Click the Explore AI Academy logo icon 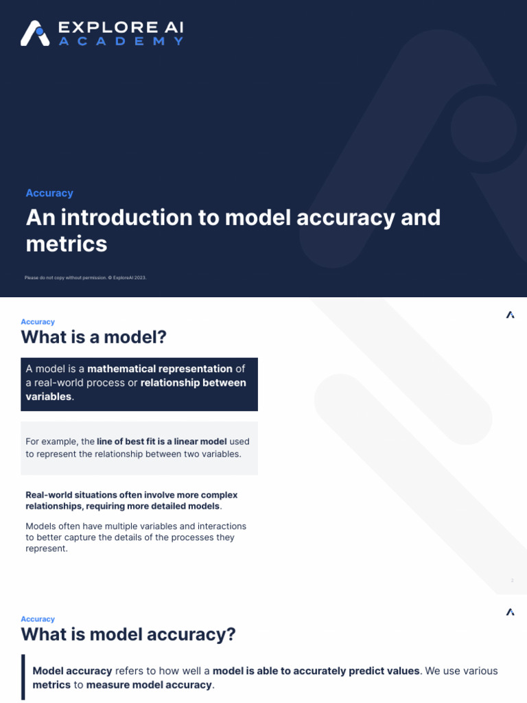pos(35,33)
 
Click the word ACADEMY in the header pos(121,41)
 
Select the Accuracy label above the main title pos(49,193)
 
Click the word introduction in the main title pos(138,218)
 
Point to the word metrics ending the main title pos(67,244)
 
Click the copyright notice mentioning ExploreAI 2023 pos(85,277)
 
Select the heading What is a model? pos(94,337)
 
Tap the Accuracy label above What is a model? pos(38,321)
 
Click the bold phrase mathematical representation pos(160,369)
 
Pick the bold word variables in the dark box pos(48,396)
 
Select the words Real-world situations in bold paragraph pos(71,495)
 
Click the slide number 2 pos(512,581)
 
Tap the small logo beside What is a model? pos(510,315)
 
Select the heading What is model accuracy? pos(128,634)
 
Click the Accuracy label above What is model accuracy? pos(38,619)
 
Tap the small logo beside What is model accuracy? pos(510,612)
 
